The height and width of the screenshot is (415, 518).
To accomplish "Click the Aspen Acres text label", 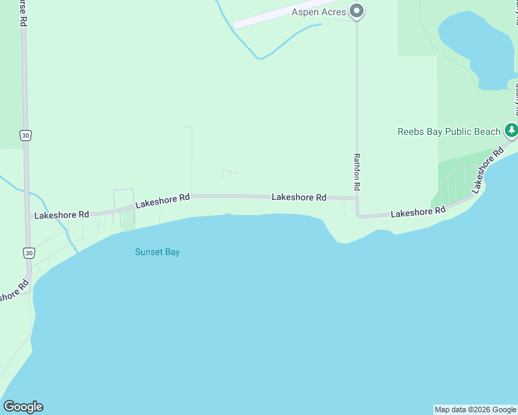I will coord(319,12).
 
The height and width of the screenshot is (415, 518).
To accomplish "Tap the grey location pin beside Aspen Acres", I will coord(357,11).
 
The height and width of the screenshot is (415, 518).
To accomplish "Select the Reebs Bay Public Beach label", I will coord(449,131).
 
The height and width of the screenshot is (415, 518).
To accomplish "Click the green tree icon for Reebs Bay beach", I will coord(511,129).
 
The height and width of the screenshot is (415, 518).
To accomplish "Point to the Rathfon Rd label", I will coord(357,172).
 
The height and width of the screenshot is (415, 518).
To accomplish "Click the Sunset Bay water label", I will coord(157,252).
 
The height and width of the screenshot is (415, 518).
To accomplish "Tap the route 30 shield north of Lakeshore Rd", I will coord(26,136).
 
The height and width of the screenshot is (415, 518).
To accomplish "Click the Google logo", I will coord(23,407).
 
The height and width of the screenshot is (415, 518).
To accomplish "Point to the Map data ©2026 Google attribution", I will coord(475,409).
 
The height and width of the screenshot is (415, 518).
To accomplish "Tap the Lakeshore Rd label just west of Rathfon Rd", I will coord(298,197).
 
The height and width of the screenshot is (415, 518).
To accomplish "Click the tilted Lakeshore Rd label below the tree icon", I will coord(487,169).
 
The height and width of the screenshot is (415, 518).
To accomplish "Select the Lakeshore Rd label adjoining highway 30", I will coord(62,215).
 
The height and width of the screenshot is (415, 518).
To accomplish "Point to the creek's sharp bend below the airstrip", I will coord(260,58).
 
